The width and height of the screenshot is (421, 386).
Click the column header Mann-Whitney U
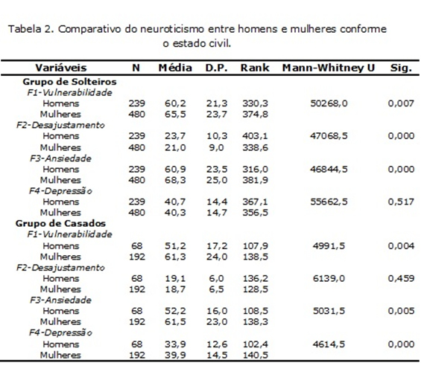point(329,68)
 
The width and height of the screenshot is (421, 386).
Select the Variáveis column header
point(61,68)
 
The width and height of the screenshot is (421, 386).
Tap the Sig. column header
point(401,68)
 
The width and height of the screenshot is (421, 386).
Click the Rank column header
point(255,68)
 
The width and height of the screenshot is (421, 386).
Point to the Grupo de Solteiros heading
point(69,82)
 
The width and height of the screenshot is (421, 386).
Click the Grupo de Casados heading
point(60,223)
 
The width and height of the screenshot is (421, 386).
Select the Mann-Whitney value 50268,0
point(329,103)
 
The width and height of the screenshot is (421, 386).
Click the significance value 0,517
point(401,202)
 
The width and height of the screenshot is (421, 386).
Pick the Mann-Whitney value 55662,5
point(329,202)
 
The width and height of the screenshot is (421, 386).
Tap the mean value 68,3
point(175,180)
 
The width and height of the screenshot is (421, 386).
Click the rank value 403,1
point(255,136)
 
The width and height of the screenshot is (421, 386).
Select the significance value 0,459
point(401,278)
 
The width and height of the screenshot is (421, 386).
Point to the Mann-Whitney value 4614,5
point(329,344)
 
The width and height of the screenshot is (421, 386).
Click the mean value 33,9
point(175,344)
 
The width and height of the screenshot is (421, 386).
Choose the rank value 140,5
point(256,356)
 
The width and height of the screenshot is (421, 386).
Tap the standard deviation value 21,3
point(217,103)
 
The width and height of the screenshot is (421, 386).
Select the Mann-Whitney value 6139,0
point(329,278)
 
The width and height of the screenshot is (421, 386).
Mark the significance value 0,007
point(401,103)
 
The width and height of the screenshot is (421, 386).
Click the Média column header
point(175,68)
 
